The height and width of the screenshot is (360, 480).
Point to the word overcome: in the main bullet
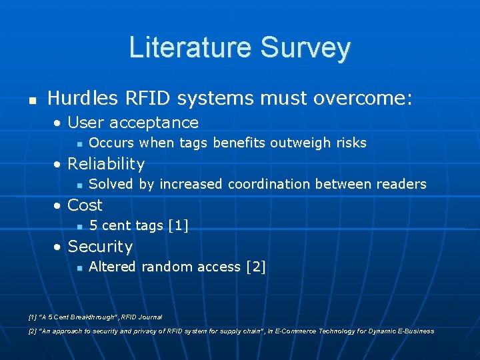click(362, 99)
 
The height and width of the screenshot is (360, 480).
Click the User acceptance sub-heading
click(133, 123)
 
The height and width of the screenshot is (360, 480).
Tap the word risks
click(350, 143)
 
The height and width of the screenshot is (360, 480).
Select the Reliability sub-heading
click(106, 164)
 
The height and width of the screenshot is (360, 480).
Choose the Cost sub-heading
click(85, 205)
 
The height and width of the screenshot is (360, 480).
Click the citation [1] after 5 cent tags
click(179, 225)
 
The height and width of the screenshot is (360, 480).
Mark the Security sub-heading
click(100, 247)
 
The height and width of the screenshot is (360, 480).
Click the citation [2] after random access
click(255, 267)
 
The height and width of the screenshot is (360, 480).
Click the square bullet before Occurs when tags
click(79, 143)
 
